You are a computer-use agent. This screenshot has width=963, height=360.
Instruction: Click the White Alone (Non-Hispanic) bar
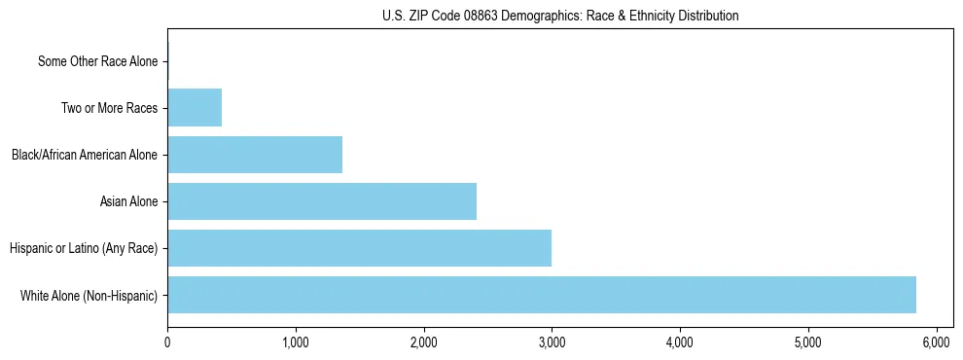coord(542,295)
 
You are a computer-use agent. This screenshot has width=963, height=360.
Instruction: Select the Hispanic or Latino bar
coord(360,248)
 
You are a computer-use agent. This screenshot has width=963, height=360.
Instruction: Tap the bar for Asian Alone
coord(322,201)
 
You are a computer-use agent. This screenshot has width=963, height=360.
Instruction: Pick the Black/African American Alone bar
coord(255,155)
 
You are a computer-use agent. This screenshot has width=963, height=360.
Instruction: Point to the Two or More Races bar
coord(195,108)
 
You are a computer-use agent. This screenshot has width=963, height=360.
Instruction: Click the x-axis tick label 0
coord(167,342)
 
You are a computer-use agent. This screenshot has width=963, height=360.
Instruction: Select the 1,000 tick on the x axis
coord(295,342)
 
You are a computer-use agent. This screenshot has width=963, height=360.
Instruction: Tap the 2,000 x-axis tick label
coord(423,342)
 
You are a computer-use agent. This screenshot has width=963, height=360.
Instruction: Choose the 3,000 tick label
coord(552,342)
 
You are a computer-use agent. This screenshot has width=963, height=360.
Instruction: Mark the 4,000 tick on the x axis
coord(679,342)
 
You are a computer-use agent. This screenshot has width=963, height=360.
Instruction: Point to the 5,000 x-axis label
coord(807,342)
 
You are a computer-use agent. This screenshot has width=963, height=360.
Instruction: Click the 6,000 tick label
coord(936,342)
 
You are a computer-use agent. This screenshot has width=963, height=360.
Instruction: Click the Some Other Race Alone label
coord(97,61)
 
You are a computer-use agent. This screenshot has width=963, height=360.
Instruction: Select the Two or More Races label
coord(109,108)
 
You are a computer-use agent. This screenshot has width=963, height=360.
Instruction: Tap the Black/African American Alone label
coord(85,155)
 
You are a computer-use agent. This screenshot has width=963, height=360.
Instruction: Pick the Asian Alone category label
coord(128,201)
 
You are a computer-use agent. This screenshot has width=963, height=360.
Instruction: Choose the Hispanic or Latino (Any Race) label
coord(84,248)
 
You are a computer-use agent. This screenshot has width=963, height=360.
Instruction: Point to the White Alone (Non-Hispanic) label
coord(89,295)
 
